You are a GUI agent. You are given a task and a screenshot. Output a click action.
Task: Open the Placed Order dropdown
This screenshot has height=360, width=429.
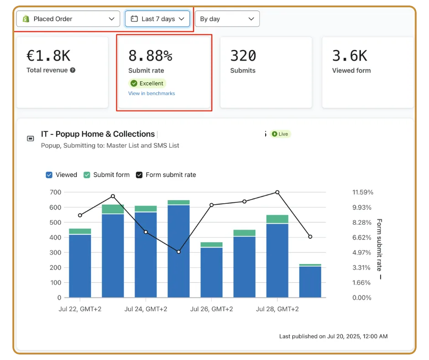click(x=68, y=19)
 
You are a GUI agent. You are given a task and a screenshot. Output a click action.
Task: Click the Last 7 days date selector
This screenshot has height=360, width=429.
click(x=157, y=19)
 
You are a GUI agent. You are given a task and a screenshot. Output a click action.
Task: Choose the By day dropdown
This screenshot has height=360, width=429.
click(x=227, y=19)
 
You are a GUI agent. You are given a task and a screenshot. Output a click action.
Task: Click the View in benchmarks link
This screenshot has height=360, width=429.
click(x=152, y=93)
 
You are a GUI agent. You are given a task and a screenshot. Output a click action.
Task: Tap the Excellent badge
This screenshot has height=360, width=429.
click(x=147, y=83)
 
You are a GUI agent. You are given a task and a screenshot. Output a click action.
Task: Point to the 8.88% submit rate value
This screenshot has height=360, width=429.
click(x=151, y=56)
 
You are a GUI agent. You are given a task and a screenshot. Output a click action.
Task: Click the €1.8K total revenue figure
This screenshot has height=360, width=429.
click(x=48, y=56)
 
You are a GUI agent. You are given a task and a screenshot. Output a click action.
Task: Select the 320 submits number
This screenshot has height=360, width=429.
click(x=243, y=56)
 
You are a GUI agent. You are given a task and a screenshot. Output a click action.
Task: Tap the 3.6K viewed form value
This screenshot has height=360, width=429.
click(x=350, y=56)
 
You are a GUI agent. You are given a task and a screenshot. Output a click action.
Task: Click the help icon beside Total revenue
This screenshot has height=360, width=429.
click(x=73, y=70)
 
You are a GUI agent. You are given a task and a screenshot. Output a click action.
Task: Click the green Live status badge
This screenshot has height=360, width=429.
click(x=280, y=134)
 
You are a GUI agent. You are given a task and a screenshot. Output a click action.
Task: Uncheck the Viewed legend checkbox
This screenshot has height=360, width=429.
click(x=49, y=175)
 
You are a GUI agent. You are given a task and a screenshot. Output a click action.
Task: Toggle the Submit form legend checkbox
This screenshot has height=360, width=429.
click(x=87, y=175)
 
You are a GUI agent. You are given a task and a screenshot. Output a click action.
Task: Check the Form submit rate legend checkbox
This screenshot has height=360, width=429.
click(x=139, y=175)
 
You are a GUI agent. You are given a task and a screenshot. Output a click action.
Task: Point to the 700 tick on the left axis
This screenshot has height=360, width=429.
click(x=55, y=192)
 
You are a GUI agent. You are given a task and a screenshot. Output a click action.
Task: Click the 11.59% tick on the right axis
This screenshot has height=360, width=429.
click(x=363, y=192)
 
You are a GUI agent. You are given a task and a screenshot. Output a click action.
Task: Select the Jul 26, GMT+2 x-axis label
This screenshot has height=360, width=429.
click(x=211, y=309)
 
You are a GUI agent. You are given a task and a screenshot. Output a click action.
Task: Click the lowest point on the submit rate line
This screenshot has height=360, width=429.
click(x=178, y=252)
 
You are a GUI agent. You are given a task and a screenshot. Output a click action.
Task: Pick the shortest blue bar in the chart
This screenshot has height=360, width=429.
click(x=310, y=282)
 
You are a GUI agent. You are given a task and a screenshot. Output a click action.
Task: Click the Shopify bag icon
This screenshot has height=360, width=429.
click(x=26, y=19)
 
